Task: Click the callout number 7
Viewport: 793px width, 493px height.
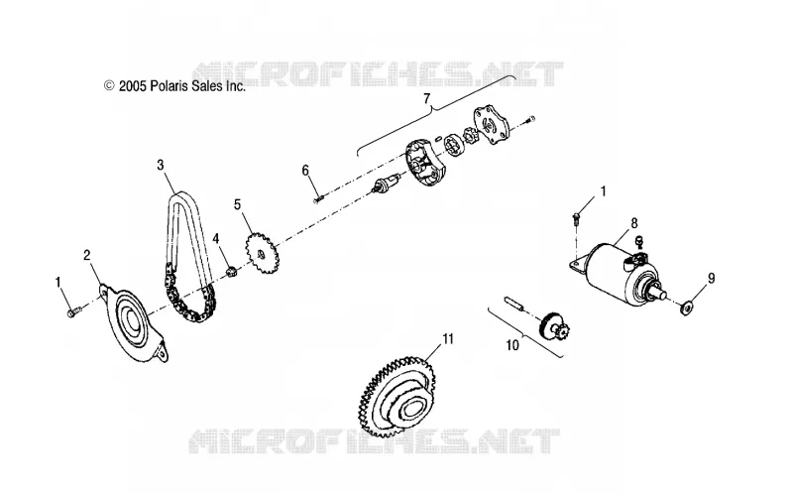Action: pos(426,98)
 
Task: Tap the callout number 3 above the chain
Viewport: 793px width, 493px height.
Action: pos(161,165)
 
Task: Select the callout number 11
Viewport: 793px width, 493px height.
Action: pos(448,338)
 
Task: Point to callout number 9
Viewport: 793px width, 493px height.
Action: pos(711,278)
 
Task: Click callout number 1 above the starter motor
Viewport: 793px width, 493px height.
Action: pos(603,191)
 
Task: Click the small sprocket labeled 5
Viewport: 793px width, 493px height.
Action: pos(263,253)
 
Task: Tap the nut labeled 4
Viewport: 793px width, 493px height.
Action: pos(231,273)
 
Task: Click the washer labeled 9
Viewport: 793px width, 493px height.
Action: pos(687,308)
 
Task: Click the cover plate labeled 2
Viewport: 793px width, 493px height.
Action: pos(133,322)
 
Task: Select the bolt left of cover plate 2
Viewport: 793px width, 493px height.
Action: pos(73,311)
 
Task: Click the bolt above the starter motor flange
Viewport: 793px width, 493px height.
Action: pos(576,218)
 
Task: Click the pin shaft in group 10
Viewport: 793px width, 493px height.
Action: pos(514,305)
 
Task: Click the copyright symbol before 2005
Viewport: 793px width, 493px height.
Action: pos(109,86)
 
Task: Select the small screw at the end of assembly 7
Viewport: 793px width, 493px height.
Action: pos(530,120)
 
